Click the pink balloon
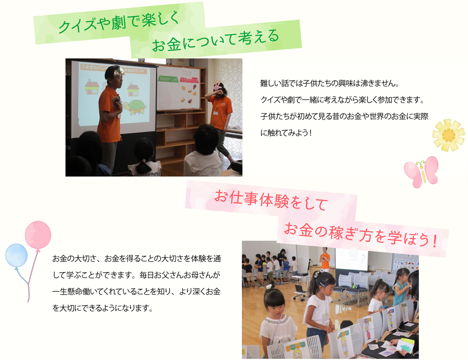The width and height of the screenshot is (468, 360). point(38,235)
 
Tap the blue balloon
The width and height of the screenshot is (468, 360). point(17,256)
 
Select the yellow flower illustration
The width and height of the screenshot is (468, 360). point(448,135)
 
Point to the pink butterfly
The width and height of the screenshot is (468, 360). point(421,172)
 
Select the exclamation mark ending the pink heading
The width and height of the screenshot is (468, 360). point(434,241)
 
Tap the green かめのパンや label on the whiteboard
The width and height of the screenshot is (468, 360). point(168,79)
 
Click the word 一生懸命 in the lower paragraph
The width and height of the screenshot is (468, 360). point(67,291)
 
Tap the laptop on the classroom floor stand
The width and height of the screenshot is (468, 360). point(299,289)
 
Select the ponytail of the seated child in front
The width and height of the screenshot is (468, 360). point(143,167)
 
